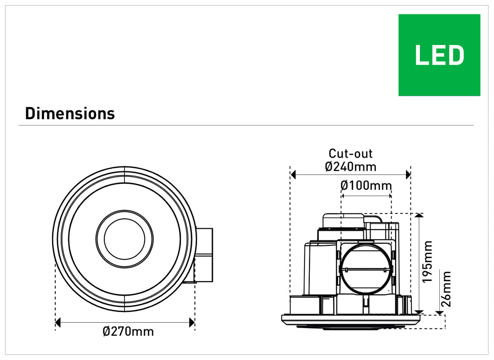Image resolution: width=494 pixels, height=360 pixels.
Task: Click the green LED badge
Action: pyautogui.click(x=439, y=55)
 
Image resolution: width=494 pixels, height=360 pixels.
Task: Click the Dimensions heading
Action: pyautogui.click(x=70, y=114)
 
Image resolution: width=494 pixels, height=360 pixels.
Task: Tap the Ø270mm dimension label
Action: pyautogui.click(x=128, y=331)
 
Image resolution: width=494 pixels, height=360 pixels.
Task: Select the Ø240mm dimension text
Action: pyautogui.click(x=351, y=166)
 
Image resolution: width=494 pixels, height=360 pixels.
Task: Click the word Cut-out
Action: pyautogui.click(x=350, y=154)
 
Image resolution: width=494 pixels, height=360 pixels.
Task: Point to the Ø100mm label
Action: pyautogui.click(x=366, y=185)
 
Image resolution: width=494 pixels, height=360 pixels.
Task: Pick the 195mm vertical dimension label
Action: pyautogui.click(x=427, y=262)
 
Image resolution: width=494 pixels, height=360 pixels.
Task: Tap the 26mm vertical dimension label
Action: pyautogui.click(x=446, y=289)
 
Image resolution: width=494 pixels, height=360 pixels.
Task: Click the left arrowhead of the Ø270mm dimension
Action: pyautogui.click(x=57, y=323)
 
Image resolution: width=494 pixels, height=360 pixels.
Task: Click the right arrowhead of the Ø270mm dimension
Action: pyautogui.click(x=192, y=323)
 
